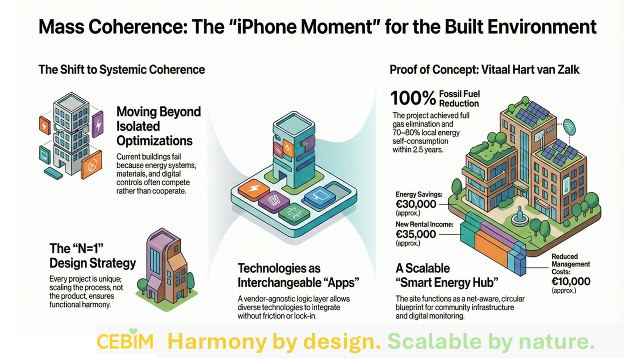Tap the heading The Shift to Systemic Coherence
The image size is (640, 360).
click(121, 69)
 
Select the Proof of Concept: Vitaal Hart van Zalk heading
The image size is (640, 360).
click(484, 69)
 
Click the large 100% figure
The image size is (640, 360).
click(413, 98)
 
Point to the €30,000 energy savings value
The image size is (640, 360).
click(416, 204)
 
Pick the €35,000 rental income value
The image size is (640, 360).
click(416, 234)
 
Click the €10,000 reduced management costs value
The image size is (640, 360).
click(571, 281)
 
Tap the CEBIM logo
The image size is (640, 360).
click(125, 340)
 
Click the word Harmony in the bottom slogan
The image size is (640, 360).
click(217, 341)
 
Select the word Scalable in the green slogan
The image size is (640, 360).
click(434, 341)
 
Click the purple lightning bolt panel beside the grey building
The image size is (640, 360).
click(97, 124)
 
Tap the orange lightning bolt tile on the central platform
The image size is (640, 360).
click(253, 189)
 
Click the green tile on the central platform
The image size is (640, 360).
click(294, 213)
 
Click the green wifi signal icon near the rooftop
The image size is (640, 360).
click(569, 127)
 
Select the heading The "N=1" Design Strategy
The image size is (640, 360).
click(92, 256)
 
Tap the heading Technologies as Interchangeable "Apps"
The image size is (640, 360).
click(298, 275)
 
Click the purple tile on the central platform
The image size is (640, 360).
click(274, 201)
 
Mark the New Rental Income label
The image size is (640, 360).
click(424, 224)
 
